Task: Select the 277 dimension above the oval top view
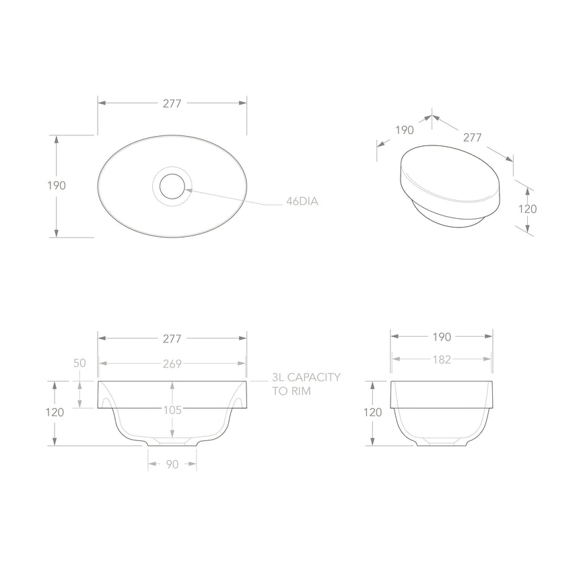[x=172, y=103]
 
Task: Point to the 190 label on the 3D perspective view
[x=404, y=131]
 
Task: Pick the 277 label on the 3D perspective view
[x=473, y=137]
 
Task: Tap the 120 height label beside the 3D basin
[x=528, y=209]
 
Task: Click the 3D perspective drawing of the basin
[x=450, y=187]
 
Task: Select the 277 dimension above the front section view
[x=172, y=339]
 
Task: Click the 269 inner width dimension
[x=172, y=364]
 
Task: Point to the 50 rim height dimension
[x=79, y=363]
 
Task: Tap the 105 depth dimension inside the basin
[x=172, y=409]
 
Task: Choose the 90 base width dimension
[x=172, y=465]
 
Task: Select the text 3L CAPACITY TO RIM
[x=296, y=384]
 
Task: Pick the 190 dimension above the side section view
[x=442, y=337]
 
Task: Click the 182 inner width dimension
[x=442, y=360]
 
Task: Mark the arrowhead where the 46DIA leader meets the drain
[x=188, y=190]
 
